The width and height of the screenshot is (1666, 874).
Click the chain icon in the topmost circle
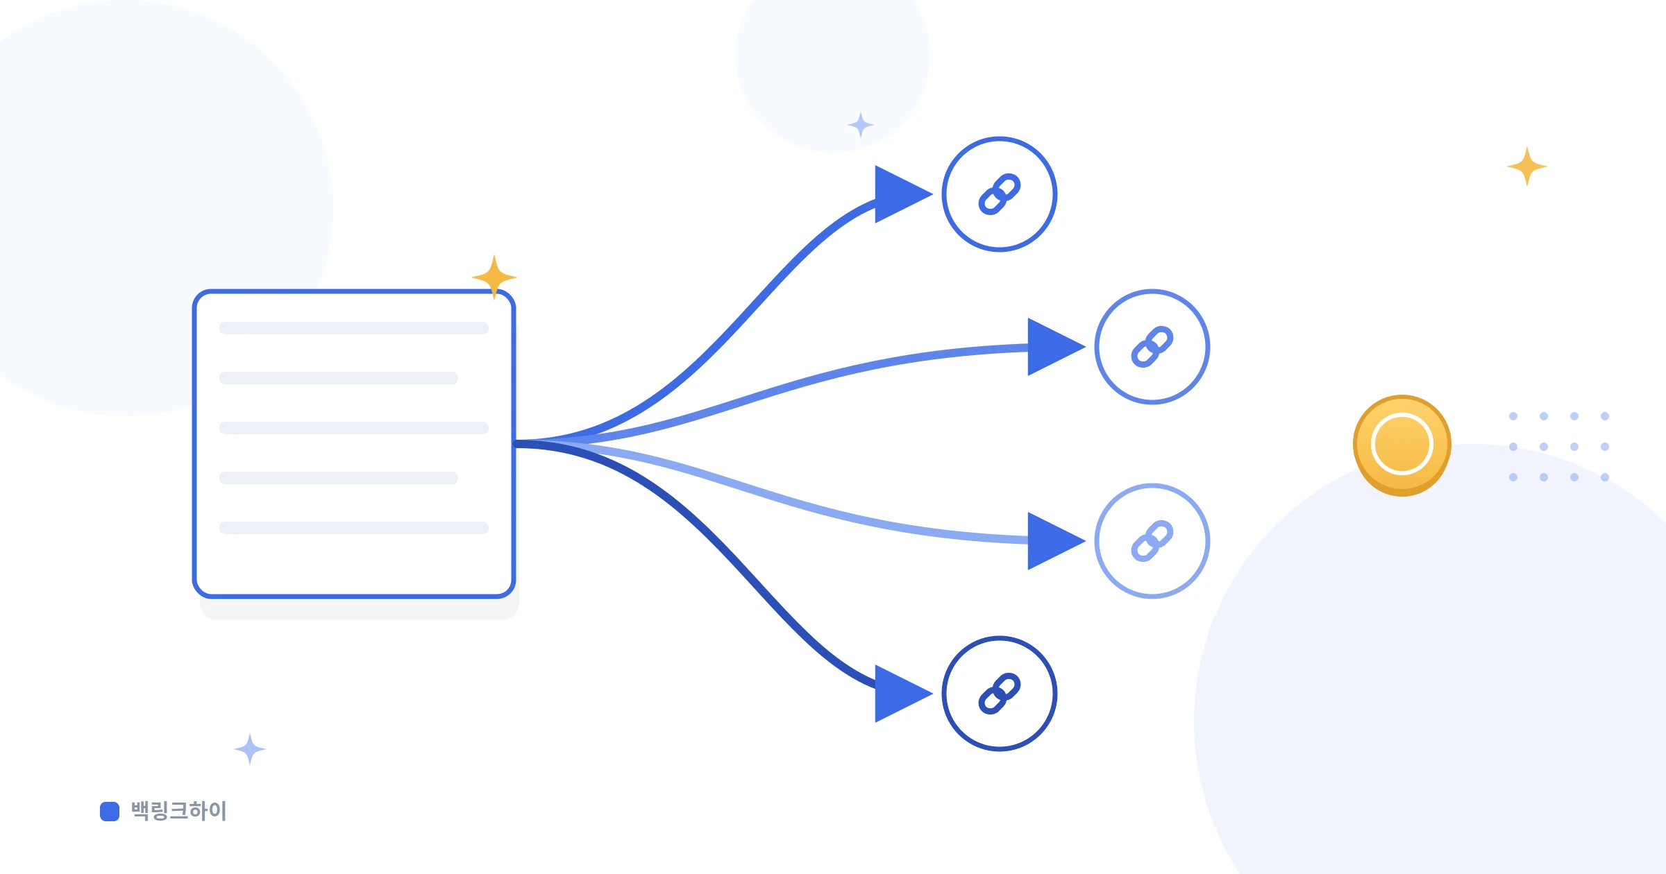(x=1000, y=194)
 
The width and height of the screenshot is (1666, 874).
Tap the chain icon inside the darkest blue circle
(x=1000, y=694)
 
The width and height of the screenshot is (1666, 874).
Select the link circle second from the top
(x=1152, y=347)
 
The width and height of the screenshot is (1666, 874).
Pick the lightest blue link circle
(x=1152, y=541)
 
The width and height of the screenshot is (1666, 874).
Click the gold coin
(x=1402, y=445)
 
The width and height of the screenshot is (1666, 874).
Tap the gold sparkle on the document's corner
(x=494, y=277)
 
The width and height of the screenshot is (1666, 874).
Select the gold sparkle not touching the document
(x=1527, y=166)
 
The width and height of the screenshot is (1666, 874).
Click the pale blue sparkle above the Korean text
(x=250, y=749)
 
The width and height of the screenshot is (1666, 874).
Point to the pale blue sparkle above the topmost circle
(x=861, y=125)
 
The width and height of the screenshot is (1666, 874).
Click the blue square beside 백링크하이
(x=110, y=811)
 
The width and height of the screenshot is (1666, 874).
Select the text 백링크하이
(x=179, y=811)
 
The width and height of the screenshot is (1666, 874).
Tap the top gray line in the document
(x=354, y=328)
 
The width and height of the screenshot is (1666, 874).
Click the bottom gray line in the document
(x=354, y=528)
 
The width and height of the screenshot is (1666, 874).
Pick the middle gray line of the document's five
(x=354, y=428)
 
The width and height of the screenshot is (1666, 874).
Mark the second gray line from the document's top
(x=339, y=378)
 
